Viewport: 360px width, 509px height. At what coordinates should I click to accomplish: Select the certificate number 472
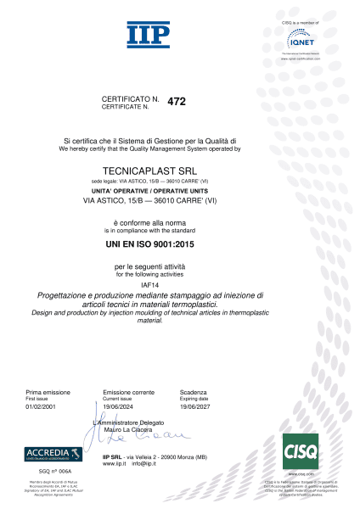(177, 101)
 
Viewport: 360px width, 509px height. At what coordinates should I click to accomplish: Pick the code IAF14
(140, 284)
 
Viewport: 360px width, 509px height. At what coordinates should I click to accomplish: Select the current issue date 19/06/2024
(119, 407)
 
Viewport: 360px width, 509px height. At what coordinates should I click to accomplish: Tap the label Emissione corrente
(128, 393)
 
